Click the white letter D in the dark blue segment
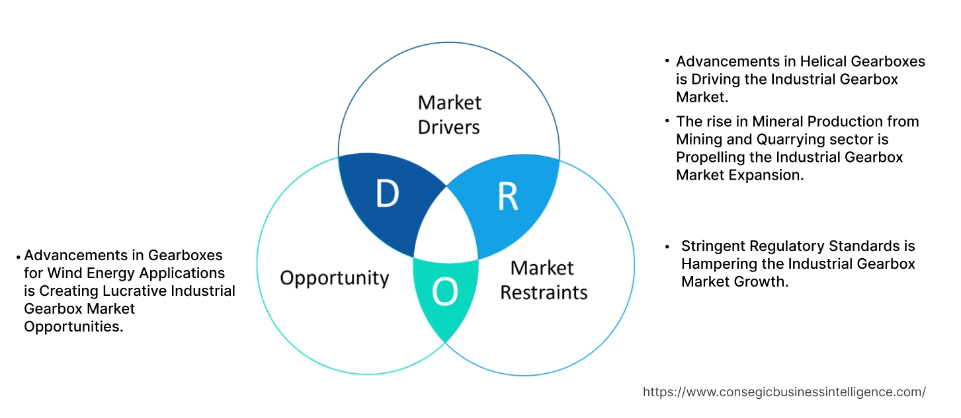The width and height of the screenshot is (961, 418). (x=387, y=193)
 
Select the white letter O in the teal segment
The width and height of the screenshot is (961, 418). (x=445, y=293)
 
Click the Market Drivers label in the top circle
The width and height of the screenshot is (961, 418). (x=449, y=114)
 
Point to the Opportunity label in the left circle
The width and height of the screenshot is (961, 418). (x=334, y=277)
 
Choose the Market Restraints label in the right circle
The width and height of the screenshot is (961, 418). (x=543, y=280)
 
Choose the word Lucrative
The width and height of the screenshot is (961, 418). (x=124, y=291)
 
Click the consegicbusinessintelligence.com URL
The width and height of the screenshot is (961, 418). (x=784, y=392)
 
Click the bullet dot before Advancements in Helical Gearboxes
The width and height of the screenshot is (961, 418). (x=667, y=61)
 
